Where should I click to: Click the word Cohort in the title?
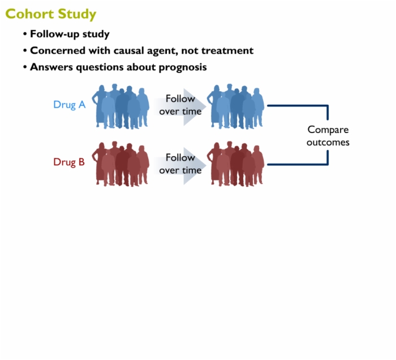click(x=29, y=14)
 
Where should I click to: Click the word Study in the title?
click(x=77, y=15)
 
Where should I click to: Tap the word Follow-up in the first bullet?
click(x=54, y=34)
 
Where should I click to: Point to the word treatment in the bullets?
click(x=227, y=50)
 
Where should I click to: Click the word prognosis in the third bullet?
click(x=183, y=67)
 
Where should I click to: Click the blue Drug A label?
click(x=70, y=105)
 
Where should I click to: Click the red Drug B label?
click(x=69, y=162)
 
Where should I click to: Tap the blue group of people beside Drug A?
click(x=120, y=106)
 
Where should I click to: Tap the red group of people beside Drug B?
click(x=120, y=164)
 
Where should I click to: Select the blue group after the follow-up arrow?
click(x=236, y=106)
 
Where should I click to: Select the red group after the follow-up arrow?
click(x=236, y=164)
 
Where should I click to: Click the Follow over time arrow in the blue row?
click(x=180, y=106)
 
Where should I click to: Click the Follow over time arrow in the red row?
click(x=180, y=165)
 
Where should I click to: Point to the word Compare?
click(x=328, y=130)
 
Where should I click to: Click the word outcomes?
click(x=328, y=142)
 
